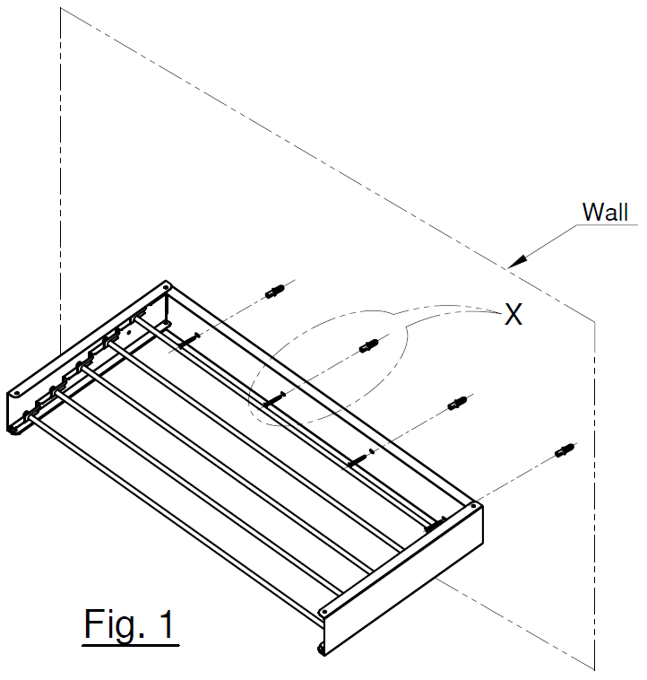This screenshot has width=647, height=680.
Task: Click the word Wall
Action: (x=605, y=213)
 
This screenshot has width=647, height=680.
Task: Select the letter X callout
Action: (x=513, y=314)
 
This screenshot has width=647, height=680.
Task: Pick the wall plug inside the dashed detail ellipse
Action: (x=369, y=345)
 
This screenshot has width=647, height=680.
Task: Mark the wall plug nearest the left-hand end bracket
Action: (x=275, y=292)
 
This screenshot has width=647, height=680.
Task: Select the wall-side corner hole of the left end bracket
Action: (x=166, y=290)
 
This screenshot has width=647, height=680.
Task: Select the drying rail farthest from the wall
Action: (x=179, y=502)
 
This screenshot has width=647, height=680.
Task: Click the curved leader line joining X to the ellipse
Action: (x=448, y=310)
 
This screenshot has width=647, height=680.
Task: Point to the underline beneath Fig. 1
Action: (x=131, y=642)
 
